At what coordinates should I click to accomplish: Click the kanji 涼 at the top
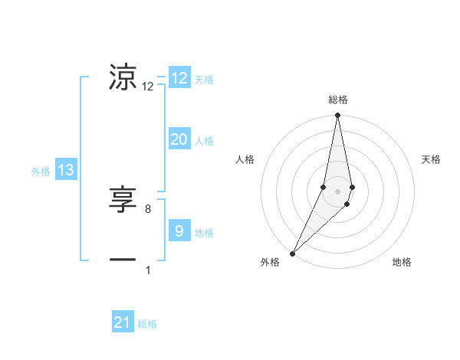point(123,77)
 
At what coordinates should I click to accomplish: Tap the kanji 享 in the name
point(123,200)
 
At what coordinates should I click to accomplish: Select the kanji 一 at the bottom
point(123,260)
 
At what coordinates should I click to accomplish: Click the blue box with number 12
point(179,78)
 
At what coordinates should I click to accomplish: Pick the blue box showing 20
point(179,139)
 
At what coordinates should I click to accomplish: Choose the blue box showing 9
point(179,231)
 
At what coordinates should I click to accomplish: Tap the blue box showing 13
point(66,170)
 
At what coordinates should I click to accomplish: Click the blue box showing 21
point(123,322)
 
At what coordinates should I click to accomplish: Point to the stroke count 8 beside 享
point(148,208)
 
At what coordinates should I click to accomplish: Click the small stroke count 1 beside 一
point(148,270)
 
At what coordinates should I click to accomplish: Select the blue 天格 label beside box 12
point(204,80)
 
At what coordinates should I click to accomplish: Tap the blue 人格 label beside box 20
point(204,141)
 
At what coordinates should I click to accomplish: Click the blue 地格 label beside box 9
point(204,233)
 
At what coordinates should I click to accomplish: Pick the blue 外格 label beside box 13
point(41,172)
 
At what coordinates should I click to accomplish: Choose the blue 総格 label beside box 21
point(147,324)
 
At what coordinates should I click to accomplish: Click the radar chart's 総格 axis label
point(337,100)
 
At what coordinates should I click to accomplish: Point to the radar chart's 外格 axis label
point(270,263)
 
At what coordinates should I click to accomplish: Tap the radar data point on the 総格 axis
point(337,116)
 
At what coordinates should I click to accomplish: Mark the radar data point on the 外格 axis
point(293,253)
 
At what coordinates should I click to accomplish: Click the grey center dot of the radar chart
point(337,191)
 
